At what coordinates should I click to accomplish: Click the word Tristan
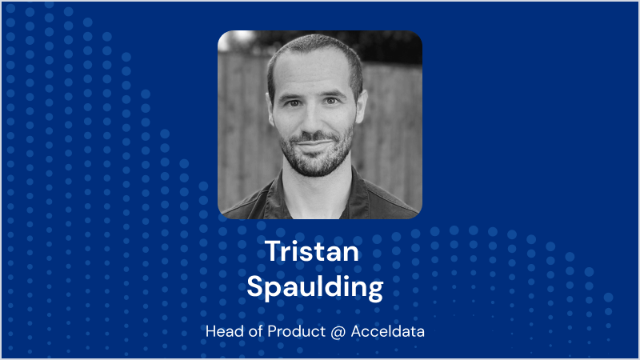(x=312, y=251)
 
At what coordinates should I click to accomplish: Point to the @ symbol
(x=338, y=331)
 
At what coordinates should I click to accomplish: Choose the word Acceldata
(x=388, y=331)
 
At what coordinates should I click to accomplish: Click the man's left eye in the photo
(x=331, y=101)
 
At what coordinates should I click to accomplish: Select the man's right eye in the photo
(x=294, y=103)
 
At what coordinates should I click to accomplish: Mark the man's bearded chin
(x=317, y=162)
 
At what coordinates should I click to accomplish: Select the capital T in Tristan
(x=273, y=251)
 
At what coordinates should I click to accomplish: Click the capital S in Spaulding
(x=255, y=286)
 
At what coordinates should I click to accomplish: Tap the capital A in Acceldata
(x=357, y=331)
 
